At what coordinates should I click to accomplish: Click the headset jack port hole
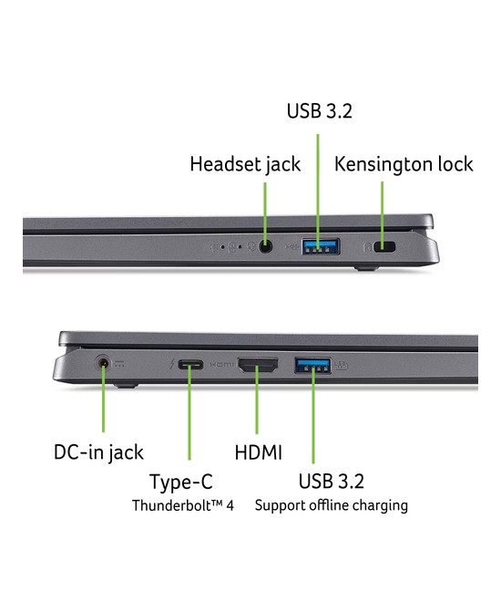click(265, 246)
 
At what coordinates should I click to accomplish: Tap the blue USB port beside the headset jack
click(321, 246)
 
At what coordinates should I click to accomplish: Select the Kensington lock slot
click(384, 246)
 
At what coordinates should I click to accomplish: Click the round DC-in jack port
click(103, 362)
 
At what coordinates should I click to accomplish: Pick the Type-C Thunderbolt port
click(190, 364)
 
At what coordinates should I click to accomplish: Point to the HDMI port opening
click(258, 365)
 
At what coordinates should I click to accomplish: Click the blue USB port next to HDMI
click(312, 365)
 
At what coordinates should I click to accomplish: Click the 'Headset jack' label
click(245, 165)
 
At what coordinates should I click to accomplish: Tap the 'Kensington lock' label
click(404, 164)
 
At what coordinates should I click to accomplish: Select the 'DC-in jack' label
click(98, 452)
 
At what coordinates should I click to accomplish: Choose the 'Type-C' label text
click(181, 483)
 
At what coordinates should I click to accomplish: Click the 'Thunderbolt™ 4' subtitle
click(183, 505)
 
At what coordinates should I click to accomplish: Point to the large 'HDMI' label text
click(259, 452)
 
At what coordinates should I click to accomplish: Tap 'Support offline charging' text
click(332, 505)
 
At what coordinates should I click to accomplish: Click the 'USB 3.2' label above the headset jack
click(320, 111)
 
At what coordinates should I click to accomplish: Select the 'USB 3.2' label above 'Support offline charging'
click(332, 482)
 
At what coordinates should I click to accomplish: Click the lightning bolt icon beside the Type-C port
click(172, 364)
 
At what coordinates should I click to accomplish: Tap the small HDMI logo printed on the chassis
click(221, 364)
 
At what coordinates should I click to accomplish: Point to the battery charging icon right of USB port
click(342, 366)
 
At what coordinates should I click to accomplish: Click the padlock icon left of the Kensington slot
click(367, 246)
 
